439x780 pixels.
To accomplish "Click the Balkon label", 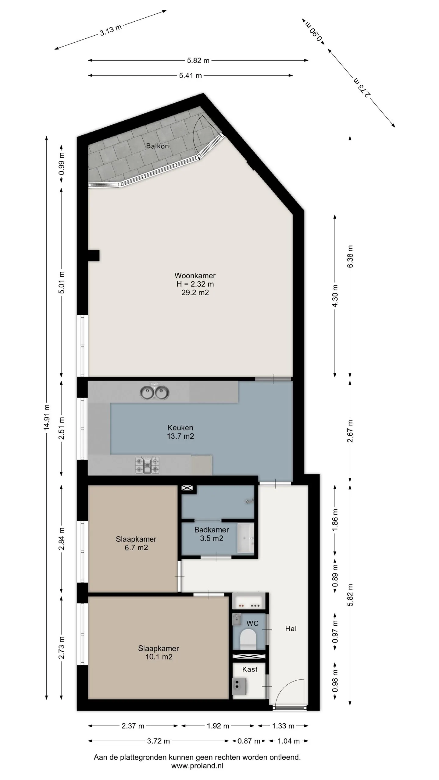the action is (157, 146).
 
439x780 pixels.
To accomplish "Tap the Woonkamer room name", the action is (195, 275).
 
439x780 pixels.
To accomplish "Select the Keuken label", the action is (180, 427).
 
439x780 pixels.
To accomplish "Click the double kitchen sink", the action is (154, 392).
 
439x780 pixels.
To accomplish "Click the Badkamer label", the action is (212, 530).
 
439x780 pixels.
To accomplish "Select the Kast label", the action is (250, 669).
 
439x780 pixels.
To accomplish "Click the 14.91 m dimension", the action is (46, 417).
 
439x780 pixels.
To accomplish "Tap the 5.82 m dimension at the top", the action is (198, 61).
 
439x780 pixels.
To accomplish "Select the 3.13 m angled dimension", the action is (111, 30).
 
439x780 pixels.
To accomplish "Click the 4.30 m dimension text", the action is (335, 296).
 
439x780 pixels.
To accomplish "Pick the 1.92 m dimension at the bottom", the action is (218, 726).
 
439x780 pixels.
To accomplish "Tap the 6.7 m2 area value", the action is (136, 548).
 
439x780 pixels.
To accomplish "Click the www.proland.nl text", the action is (197, 766).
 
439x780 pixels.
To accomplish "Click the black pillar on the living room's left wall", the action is (93, 255).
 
